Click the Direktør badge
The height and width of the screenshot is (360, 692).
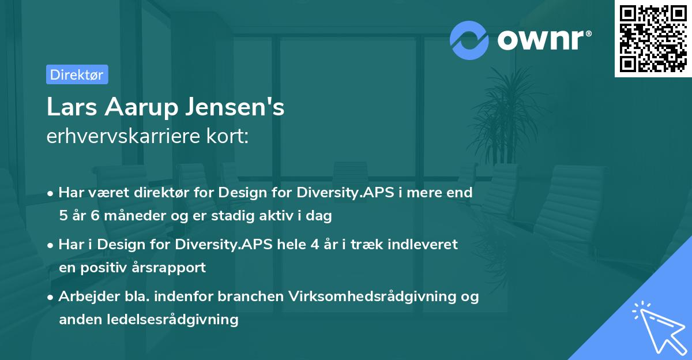[x=77, y=74]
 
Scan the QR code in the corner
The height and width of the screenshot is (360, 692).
[x=652, y=38]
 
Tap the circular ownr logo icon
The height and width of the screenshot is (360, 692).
[x=469, y=39]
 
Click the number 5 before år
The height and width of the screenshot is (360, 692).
[x=63, y=216]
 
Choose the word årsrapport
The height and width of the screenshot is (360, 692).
[x=173, y=268]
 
